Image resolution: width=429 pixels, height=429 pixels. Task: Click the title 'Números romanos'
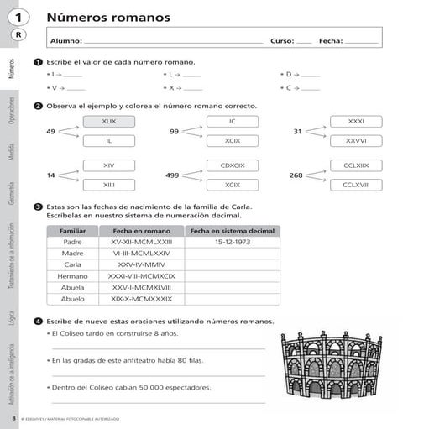click(108, 18)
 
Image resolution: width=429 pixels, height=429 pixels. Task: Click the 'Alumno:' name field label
click(66, 40)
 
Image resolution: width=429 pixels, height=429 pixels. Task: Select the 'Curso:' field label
click(281, 40)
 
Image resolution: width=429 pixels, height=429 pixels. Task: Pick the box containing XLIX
click(108, 122)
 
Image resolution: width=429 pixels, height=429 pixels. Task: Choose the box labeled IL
click(108, 140)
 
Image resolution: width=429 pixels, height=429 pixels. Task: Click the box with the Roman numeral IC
click(233, 122)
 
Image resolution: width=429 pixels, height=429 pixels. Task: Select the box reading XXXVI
click(356, 140)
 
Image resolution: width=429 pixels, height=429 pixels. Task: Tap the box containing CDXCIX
click(233, 165)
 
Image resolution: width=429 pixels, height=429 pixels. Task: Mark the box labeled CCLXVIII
click(356, 184)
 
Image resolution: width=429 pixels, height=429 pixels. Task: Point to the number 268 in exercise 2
click(296, 175)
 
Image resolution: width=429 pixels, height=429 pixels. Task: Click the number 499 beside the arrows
click(172, 175)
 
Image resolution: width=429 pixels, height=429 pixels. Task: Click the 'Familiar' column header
click(72, 230)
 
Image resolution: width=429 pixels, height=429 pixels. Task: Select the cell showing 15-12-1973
click(232, 242)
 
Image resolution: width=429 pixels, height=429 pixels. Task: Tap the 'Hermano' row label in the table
click(72, 275)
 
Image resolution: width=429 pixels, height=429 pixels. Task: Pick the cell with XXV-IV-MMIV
click(141, 264)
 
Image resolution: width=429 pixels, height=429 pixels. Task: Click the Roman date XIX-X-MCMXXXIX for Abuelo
click(141, 298)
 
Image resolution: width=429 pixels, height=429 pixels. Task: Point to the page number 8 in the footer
click(13, 417)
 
